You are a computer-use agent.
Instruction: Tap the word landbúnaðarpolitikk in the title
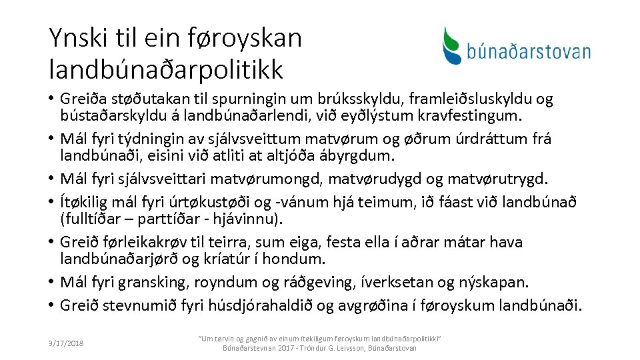click(x=166, y=68)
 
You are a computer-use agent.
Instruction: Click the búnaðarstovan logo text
click(x=528, y=51)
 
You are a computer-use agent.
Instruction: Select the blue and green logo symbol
click(x=453, y=45)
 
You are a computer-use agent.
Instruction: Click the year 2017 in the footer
click(x=284, y=348)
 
